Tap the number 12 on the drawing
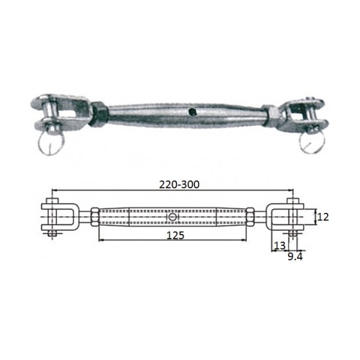[322, 217]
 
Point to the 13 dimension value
[279, 246]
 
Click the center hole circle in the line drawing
[173, 217]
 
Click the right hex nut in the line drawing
[250, 217]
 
